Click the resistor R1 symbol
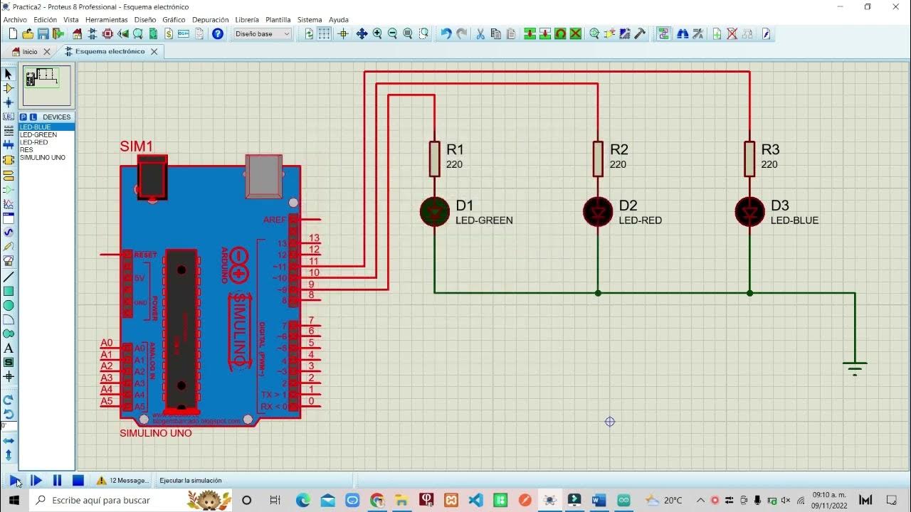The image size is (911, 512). tap(435, 158)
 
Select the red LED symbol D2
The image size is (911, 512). tap(598, 212)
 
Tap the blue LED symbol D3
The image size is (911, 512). tap(749, 212)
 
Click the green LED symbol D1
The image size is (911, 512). tap(435, 212)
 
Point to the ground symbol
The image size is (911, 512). tap(855, 367)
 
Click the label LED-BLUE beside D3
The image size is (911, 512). tap(794, 220)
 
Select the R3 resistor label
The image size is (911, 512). tap(770, 149)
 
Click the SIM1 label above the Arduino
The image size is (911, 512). tap(136, 146)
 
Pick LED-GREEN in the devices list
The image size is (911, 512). tap(38, 134)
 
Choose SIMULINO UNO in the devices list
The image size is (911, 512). tap(43, 157)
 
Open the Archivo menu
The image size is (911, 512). tap(15, 20)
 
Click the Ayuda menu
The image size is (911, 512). tap(339, 20)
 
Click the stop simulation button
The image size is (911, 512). tap(78, 481)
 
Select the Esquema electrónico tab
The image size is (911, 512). tap(109, 51)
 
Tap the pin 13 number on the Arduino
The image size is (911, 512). tap(314, 238)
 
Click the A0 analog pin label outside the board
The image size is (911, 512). tap(107, 343)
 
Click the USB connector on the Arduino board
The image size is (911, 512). tap(263, 176)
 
